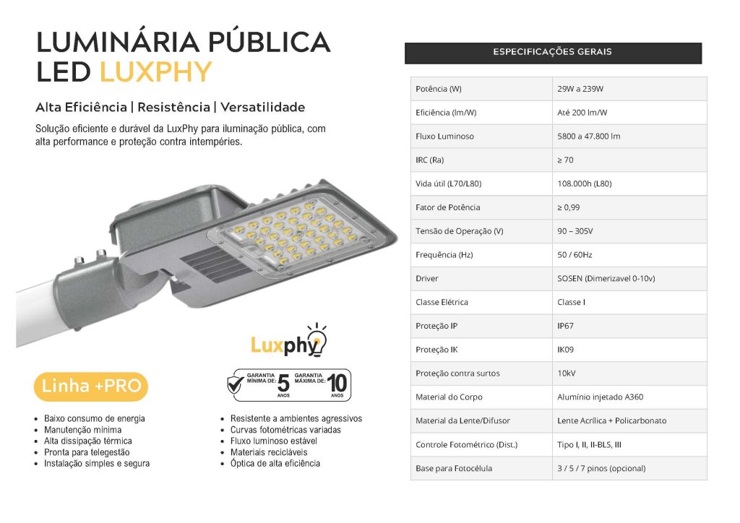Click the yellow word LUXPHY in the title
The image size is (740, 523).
click(155, 72)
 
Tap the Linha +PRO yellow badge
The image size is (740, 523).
click(91, 386)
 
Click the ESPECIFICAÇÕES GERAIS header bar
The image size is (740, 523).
click(552, 53)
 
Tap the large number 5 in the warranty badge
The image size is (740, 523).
click(283, 384)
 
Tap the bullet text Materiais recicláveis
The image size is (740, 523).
click(269, 452)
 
